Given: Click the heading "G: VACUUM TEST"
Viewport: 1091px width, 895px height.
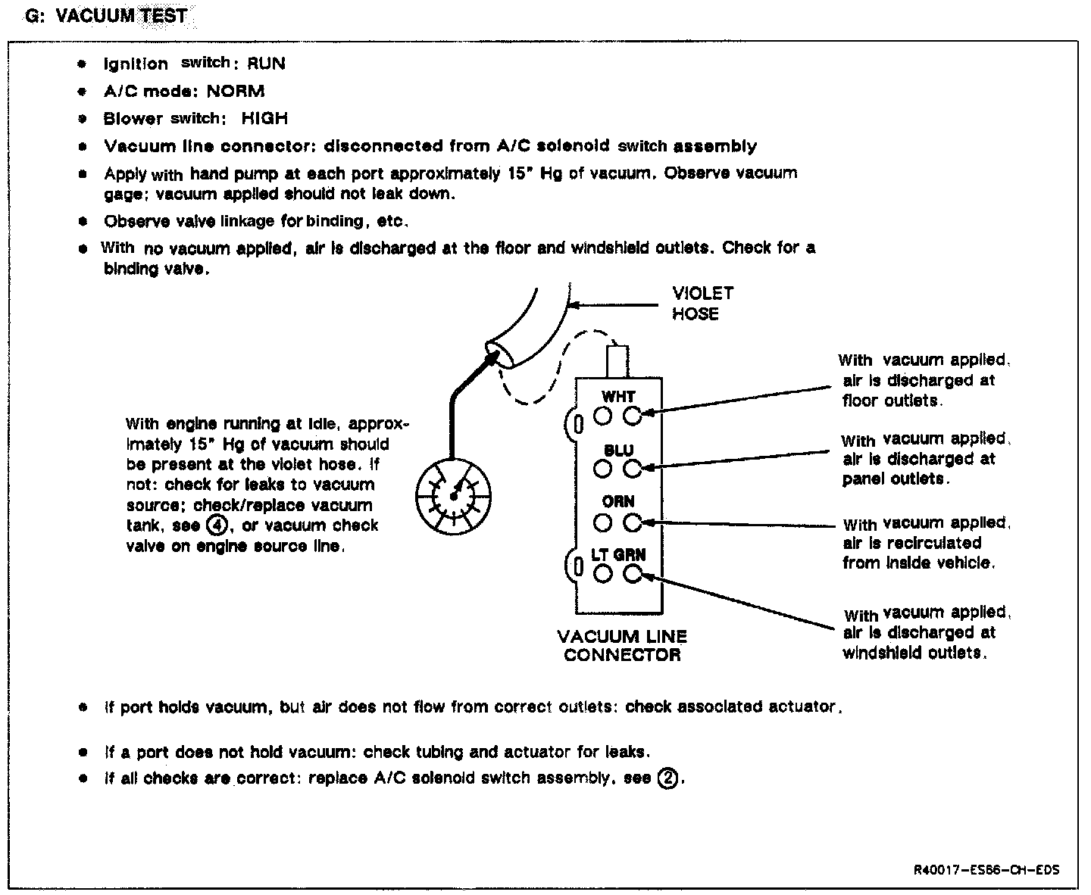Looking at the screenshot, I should [x=106, y=16].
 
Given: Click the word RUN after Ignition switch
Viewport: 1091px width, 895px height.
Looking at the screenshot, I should [x=266, y=64].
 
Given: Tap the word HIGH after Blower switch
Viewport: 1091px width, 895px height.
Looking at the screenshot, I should [x=264, y=119].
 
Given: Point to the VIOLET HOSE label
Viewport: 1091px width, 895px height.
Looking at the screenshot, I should [x=702, y=303].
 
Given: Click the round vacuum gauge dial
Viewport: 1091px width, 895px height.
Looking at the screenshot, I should [x=453, y=495].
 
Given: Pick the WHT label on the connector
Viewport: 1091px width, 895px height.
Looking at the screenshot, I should [x=618, y=397].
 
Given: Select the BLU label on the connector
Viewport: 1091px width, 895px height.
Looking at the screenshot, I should [x=618, y=451].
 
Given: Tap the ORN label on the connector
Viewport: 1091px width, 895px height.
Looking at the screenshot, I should [x=618, y=502].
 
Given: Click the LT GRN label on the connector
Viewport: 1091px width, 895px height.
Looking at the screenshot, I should [x=618, y=555].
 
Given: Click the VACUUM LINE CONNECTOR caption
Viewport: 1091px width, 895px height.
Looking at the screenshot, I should [x=621, y=646].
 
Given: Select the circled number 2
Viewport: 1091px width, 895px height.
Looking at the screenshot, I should [x=667, y=778].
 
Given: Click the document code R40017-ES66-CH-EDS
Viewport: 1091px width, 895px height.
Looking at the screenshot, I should [x=986, y=869].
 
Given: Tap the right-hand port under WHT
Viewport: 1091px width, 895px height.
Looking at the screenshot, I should [x=633, y=415].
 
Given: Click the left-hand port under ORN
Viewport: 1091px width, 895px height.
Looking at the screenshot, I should [x=603, y=522].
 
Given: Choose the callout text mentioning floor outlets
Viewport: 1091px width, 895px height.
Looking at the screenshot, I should [x=923, y=381].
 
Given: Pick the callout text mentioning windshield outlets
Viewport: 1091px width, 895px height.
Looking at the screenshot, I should [x=926, y=633].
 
